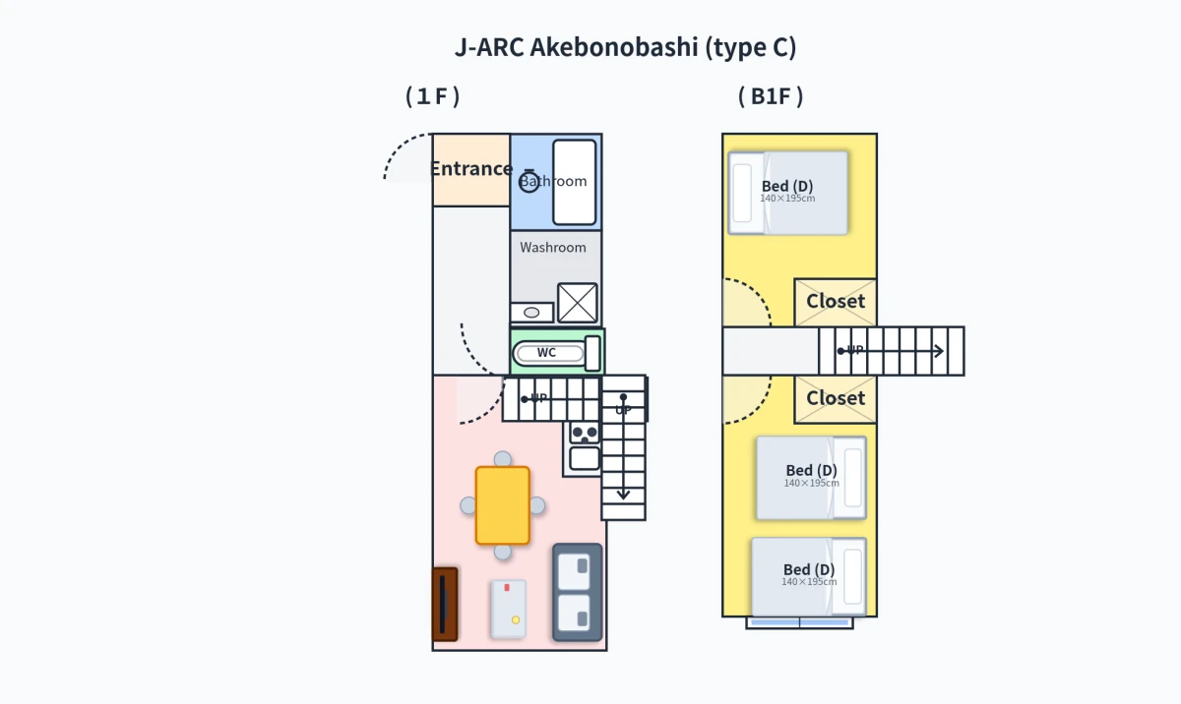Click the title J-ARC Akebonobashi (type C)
coord(625,47)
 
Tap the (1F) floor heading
coord(433,96)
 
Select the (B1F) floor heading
coord(771,96)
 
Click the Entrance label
coord(471,168)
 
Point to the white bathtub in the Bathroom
coord(574,182)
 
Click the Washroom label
coord(553,248)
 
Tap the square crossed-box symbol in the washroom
coord(578,303)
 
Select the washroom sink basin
coord(532,313)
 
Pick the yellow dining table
coord(503,505)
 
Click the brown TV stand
coord(445,604)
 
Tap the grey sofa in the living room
coord(578,592)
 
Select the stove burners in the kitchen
coord(585,434)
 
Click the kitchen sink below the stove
coord(585,458)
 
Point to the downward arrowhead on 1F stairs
coord(623,495)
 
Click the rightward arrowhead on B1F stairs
coord(939,351)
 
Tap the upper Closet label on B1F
coord(836,301)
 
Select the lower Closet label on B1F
coord(836,398)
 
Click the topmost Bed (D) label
coord(787,186)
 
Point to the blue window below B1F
coord(799,623)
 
